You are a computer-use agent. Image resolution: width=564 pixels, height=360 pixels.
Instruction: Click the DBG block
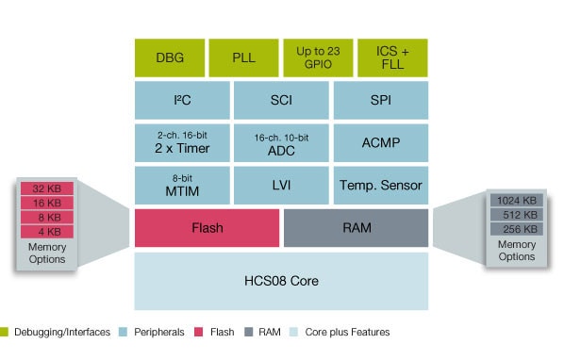(170, 57)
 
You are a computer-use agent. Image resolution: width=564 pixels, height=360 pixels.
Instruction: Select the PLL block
(243, 57)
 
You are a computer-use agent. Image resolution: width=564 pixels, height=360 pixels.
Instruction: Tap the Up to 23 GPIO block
(318, 57)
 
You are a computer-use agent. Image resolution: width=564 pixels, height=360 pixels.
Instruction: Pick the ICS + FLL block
(392, 57)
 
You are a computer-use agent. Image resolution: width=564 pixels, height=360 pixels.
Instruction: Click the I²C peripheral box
(182, 99)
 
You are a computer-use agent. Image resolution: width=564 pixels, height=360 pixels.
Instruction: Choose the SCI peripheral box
(281, 99)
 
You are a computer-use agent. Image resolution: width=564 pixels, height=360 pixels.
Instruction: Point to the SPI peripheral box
(381, 99)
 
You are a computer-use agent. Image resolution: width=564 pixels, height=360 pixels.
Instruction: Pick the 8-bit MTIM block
(182, 184)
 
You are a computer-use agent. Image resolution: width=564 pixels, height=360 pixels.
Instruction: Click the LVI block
(281, 184)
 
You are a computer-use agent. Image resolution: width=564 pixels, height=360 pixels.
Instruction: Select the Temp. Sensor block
(381, 184)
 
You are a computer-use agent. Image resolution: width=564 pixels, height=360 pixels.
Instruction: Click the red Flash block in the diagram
(207, 227)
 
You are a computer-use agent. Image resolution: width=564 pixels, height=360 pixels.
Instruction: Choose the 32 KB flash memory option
(47, 188)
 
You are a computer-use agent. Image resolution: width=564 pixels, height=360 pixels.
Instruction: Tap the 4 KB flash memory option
(47, 231)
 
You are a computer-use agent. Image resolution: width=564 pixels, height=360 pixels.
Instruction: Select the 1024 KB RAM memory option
(516, 200)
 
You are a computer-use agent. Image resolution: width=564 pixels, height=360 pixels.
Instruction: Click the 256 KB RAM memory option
(516, 229)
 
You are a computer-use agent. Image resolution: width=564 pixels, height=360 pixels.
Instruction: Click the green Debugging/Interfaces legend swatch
(6, 332)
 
